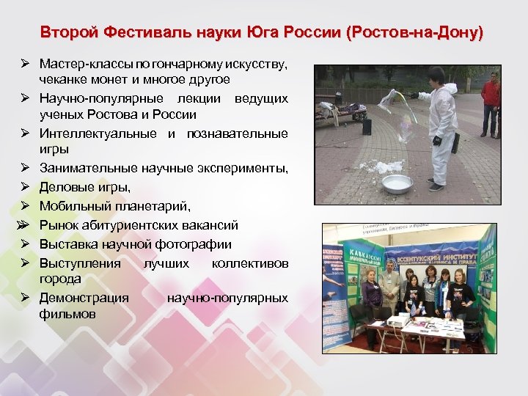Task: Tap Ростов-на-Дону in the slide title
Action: coord(416,33)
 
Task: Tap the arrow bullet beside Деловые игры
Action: coord(24,187)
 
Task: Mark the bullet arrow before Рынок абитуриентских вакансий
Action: coord(24,224)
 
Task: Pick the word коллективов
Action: coord(249,263)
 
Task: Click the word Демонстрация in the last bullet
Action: coord(84,298)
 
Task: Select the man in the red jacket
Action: coord(490,103)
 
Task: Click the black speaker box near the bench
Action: coord(367,126)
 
